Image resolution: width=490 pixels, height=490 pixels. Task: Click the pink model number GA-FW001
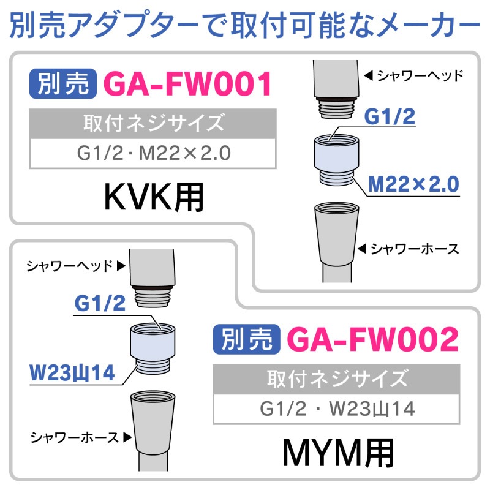point(187,84)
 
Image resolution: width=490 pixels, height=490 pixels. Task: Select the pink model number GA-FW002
point(372,339)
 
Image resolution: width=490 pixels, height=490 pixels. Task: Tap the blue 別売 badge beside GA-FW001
point(63,83)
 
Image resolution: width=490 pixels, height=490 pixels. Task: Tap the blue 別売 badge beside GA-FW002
point(247,339)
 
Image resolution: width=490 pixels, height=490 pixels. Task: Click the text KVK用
point(154,197)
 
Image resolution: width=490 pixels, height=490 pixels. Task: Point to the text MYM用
point(338,453)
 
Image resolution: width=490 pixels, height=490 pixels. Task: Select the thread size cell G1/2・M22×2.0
point(153,154)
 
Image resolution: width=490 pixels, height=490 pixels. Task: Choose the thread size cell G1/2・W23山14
point(336,409)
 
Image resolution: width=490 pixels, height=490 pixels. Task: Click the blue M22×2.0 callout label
point(413,184)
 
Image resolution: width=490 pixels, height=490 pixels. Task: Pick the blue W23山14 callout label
point(72,373)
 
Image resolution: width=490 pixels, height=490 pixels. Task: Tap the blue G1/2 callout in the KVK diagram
point(390,117)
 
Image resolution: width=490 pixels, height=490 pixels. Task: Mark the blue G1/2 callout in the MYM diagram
point(100,303)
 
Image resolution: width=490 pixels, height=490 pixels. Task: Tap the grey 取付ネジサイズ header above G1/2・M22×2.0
point(153,124)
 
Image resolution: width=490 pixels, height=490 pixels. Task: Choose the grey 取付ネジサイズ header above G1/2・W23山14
point(336,379)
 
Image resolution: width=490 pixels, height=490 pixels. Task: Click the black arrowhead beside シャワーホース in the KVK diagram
point(362,249)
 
